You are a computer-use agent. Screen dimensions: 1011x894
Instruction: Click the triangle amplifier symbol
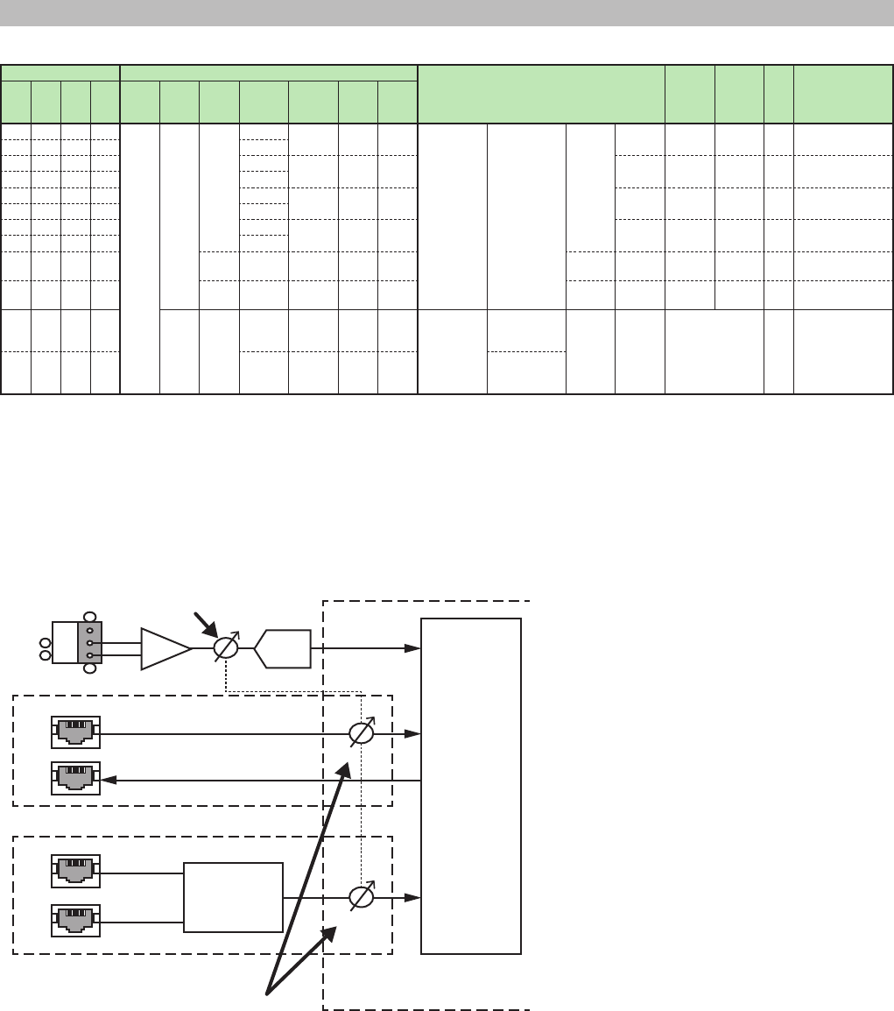[165, 648]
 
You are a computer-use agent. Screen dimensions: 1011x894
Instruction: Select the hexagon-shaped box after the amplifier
[282, 648]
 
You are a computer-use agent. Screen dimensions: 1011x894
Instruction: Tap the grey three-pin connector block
[90, 643]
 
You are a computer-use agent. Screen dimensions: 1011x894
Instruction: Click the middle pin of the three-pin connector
[90, 643]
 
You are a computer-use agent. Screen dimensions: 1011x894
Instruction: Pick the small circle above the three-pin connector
[89, 615]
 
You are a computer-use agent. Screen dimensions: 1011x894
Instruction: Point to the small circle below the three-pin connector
[89, 670]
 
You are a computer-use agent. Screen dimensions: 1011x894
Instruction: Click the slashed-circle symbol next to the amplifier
[226, 648]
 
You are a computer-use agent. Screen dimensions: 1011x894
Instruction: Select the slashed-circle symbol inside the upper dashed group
[362, 734]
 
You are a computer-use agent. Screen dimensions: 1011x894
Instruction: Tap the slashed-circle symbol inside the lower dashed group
[362, 898]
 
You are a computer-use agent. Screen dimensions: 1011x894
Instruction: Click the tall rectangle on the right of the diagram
[471, 786]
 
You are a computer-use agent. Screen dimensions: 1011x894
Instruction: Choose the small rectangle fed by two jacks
[234, 898]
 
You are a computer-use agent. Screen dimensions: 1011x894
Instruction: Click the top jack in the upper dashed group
[75, 732]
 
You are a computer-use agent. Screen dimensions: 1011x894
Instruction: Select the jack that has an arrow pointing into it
[75, 778]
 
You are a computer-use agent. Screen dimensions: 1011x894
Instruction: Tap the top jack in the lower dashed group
[75, 871]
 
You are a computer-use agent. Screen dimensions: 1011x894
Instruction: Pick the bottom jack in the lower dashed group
[75, 921]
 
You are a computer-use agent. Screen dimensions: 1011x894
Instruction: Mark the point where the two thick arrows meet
[268, 993]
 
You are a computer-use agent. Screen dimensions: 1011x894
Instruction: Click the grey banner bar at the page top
[447, 12]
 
